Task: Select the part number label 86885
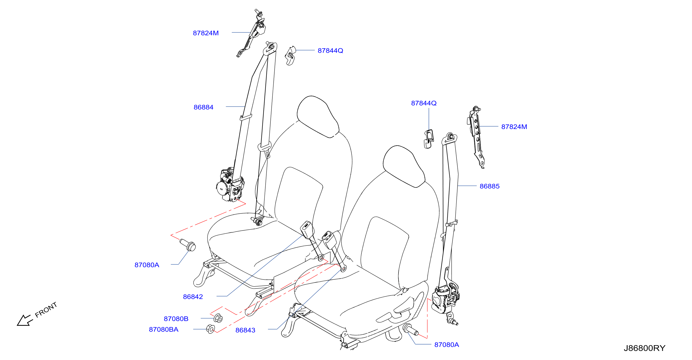489,186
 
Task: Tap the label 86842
193,297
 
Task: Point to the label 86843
245,330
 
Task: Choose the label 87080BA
163,329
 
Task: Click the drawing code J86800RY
644,348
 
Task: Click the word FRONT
46,310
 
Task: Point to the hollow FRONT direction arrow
25,320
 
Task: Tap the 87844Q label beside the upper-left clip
330,50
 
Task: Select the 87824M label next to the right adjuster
514,127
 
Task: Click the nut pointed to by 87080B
218,318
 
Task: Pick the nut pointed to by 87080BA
210,329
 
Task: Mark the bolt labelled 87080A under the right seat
410,330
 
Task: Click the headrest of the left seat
318,117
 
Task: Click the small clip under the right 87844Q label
429,139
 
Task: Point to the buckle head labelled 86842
307,230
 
